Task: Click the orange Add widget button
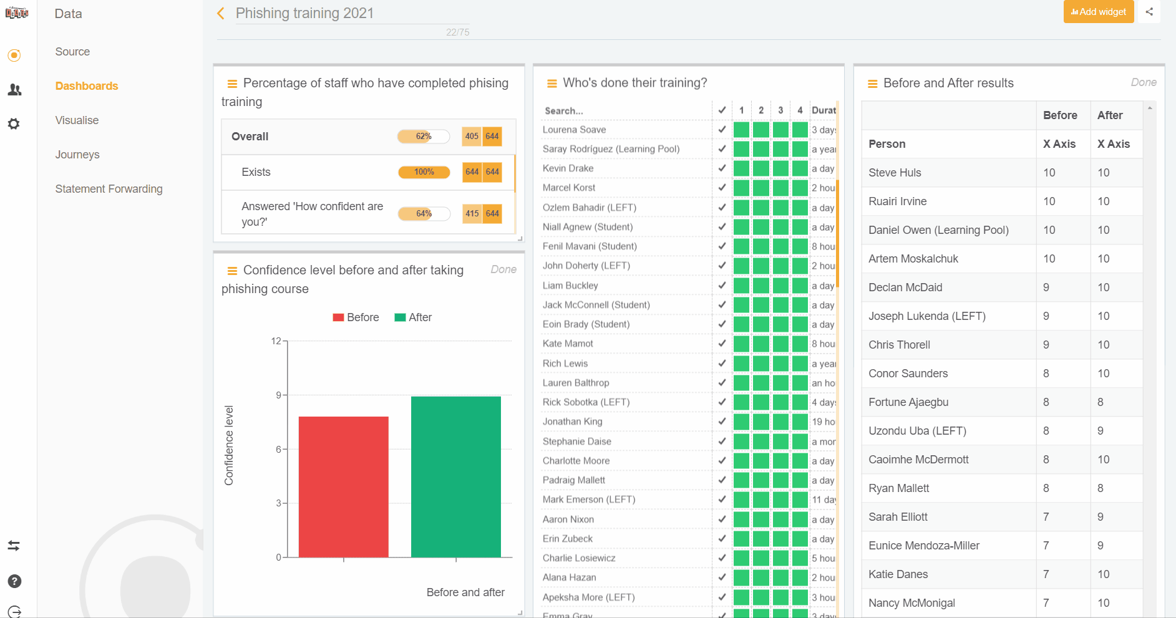(x=1098, y=12)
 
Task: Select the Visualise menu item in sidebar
(x=77, y=120)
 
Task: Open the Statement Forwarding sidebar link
(x=109, y=189)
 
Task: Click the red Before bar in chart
(x=343, y=486)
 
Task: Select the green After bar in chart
(x=455, y=476)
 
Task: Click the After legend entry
(x=413, y=317)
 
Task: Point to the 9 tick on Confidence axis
(x=278, y=395)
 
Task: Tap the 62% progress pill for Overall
(x=424, y=137)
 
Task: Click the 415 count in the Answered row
(x=472, y=214)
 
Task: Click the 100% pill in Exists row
(x=424, y=172)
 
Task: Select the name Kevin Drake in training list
(x=568, y=168)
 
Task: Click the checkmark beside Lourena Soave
(x=722, y=130)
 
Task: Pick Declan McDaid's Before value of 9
(x=1046, y=287)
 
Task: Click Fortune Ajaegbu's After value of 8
(x=1101, y=402)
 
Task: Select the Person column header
(x=887, y=144)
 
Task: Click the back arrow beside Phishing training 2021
(x=221, y=13)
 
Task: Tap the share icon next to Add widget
(x=1149, y=12)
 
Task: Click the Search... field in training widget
(x=624, y=110)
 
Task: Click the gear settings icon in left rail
(x=14, y=124)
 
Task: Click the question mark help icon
(x=14, y=581)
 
